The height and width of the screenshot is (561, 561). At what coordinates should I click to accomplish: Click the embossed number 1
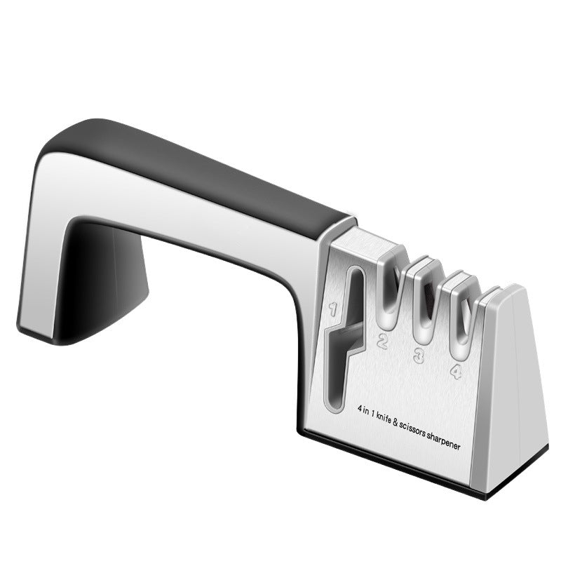click(x=334, y=309)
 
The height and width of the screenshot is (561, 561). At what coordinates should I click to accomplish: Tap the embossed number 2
click(x=382, y=342)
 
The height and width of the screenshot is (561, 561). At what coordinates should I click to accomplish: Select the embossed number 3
click(x=419, y=357)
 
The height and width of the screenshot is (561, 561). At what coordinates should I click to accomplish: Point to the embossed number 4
click(x=455, y=371)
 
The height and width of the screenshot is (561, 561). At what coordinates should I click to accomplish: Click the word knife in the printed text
click(x=382, y=418)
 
